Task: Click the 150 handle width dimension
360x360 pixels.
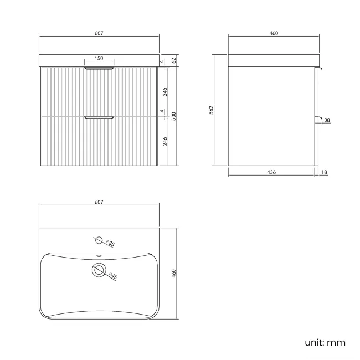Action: (x=99, y=58)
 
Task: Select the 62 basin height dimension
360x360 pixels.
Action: (x=174, y=60)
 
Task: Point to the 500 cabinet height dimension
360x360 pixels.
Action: (x=174, y=116)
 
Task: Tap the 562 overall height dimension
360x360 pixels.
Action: (x=211, y=110)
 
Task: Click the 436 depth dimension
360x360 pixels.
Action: (x=271, y=172)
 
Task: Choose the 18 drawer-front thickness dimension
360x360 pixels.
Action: (x=324, y=172)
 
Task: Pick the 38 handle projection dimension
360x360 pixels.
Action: (x=327, y=120)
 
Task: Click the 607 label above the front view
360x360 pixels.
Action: (x=99, y=33)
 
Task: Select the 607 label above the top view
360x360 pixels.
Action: (x=99, y=202)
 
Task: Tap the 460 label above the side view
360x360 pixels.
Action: (x=274, y=33)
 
